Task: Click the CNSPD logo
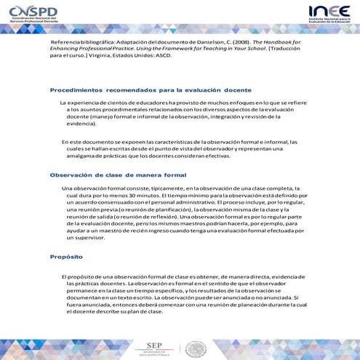pyautogui.click(x=35, y=13)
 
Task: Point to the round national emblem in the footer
pyautogui.click(x=196, y=345)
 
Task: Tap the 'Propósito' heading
pyautogui.click(x=66, y=257)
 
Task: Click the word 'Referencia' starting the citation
pyautogui.click(x=66, y=43)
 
